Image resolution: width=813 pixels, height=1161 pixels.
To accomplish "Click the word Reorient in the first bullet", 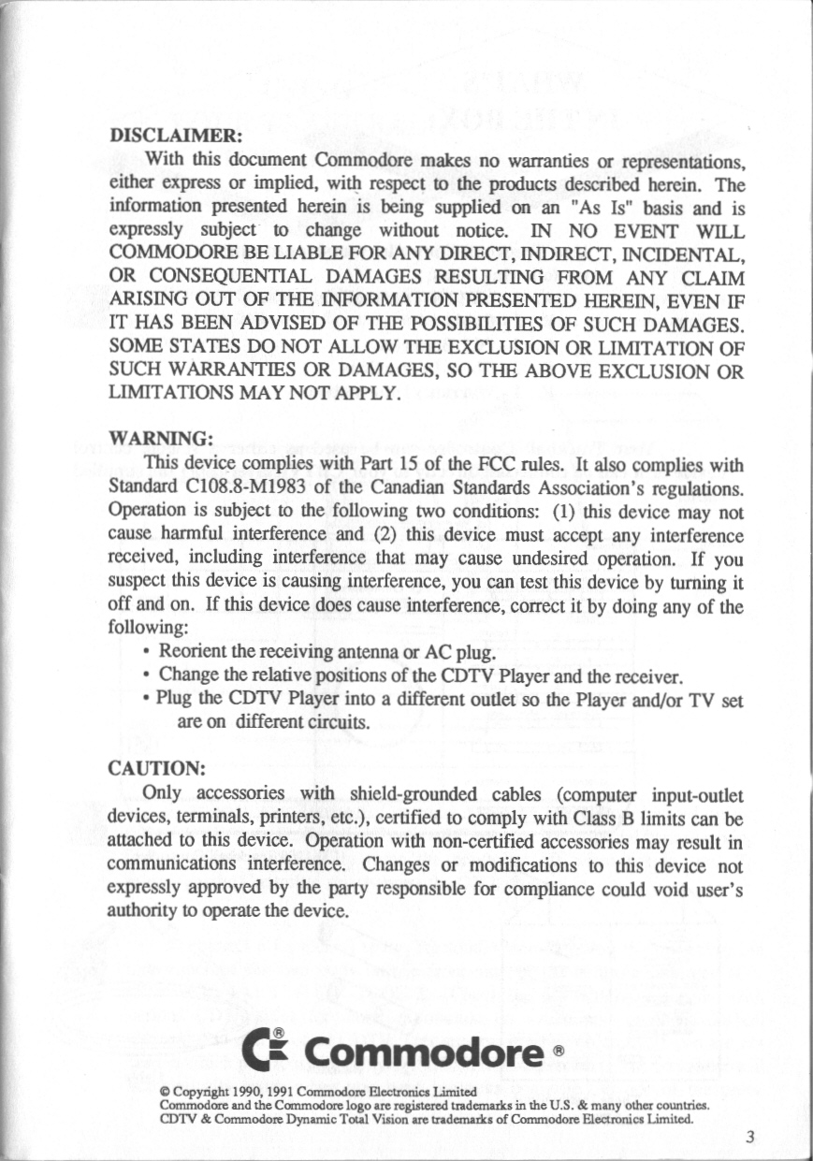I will pyautogui.click(x=194, y=652).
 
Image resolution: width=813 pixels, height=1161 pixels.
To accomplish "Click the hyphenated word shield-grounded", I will pyautogui.click(x=419, y=797).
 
